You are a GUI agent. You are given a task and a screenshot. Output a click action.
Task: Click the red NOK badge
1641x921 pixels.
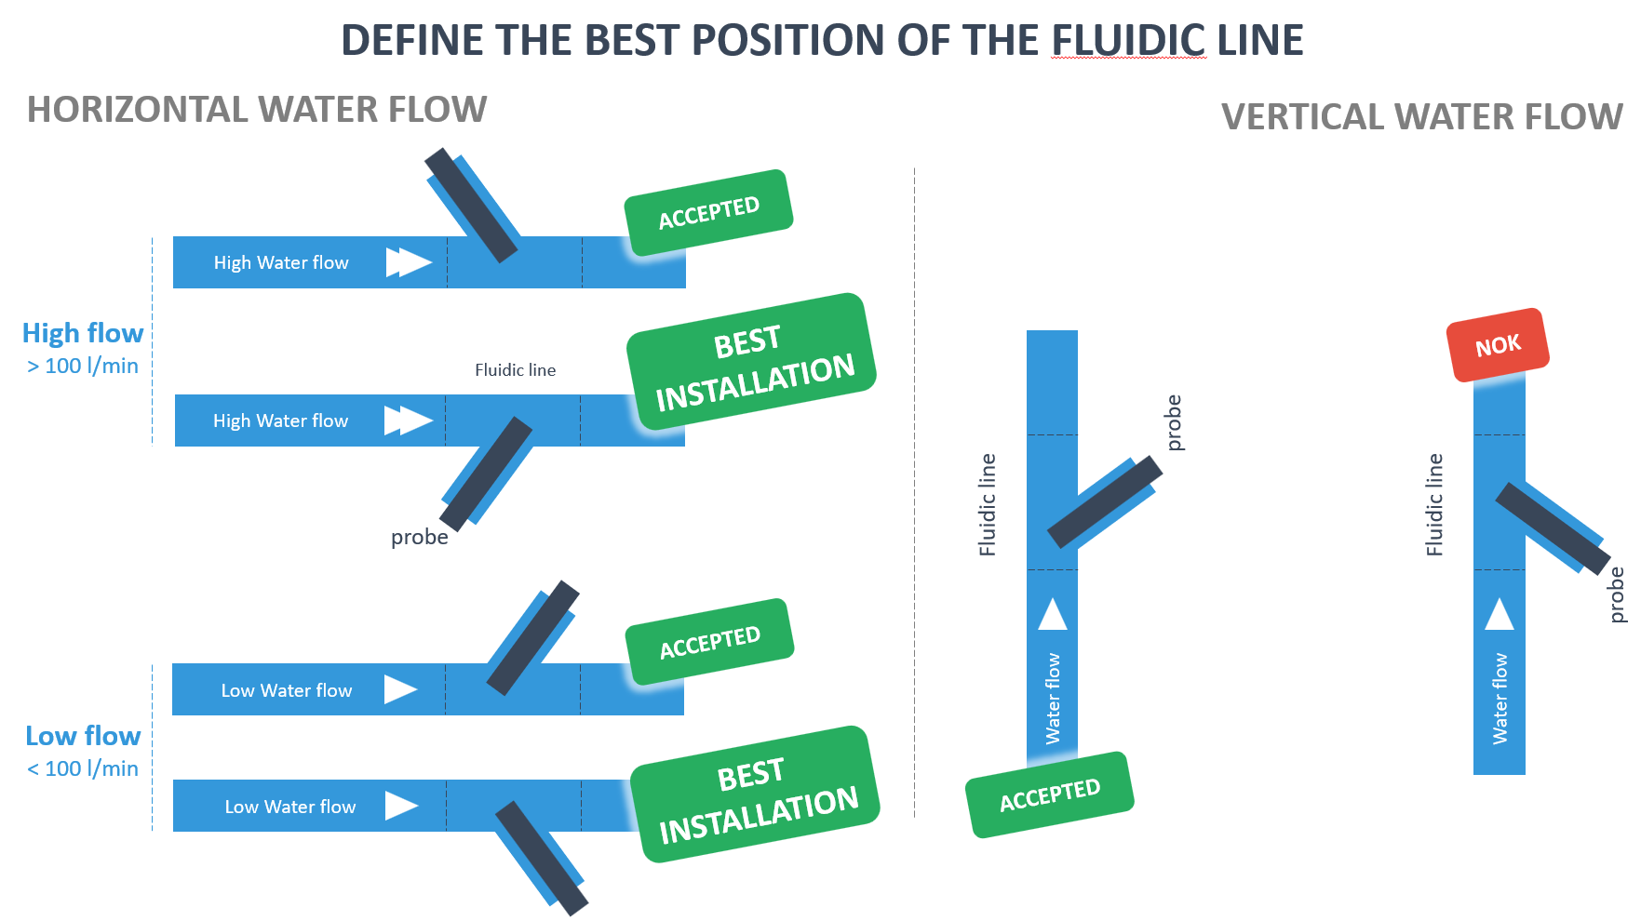(1497, 345)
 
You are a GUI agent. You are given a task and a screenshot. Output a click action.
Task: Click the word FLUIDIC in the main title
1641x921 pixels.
(1128, 41)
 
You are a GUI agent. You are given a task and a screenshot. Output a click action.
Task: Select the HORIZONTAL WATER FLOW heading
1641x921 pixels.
(257, 110)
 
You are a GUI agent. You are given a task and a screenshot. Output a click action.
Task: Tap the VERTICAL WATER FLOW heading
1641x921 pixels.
(1421, 117)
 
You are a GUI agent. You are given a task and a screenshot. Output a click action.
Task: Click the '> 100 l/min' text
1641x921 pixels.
(83, 367)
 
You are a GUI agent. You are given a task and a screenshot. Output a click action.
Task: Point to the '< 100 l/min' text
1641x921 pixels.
(83, 769)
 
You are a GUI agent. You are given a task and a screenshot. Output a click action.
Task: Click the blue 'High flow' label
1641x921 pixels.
(83, 333)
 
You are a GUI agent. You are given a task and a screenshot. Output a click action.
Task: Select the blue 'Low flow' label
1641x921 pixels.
(83, 736)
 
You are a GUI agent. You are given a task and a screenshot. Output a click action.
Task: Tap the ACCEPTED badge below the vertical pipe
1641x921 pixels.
(1050, 794)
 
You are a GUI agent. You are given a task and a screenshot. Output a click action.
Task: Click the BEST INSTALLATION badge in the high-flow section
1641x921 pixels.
(752, 363)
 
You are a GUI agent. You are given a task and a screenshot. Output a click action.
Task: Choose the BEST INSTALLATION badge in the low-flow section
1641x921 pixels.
(755, 794)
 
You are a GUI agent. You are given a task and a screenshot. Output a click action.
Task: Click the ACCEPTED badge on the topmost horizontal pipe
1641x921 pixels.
(708, 212)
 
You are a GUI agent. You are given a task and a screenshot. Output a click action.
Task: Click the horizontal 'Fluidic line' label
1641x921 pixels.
(515, 370)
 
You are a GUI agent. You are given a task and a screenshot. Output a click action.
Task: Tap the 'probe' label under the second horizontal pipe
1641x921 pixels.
(419, 538)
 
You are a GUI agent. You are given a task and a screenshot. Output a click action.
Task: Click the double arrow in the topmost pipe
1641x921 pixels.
(409, 262)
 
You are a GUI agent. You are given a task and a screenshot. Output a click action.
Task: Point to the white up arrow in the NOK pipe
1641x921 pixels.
(1499, 615)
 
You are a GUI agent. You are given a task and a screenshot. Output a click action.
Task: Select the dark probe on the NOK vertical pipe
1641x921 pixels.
(1552, 527)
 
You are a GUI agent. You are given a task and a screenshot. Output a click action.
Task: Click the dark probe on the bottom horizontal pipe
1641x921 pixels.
(542, 858)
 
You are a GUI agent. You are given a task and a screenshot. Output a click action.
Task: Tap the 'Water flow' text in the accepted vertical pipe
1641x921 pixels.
(1053, 698)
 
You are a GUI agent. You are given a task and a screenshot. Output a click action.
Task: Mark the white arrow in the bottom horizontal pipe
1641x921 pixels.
(401, 806)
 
